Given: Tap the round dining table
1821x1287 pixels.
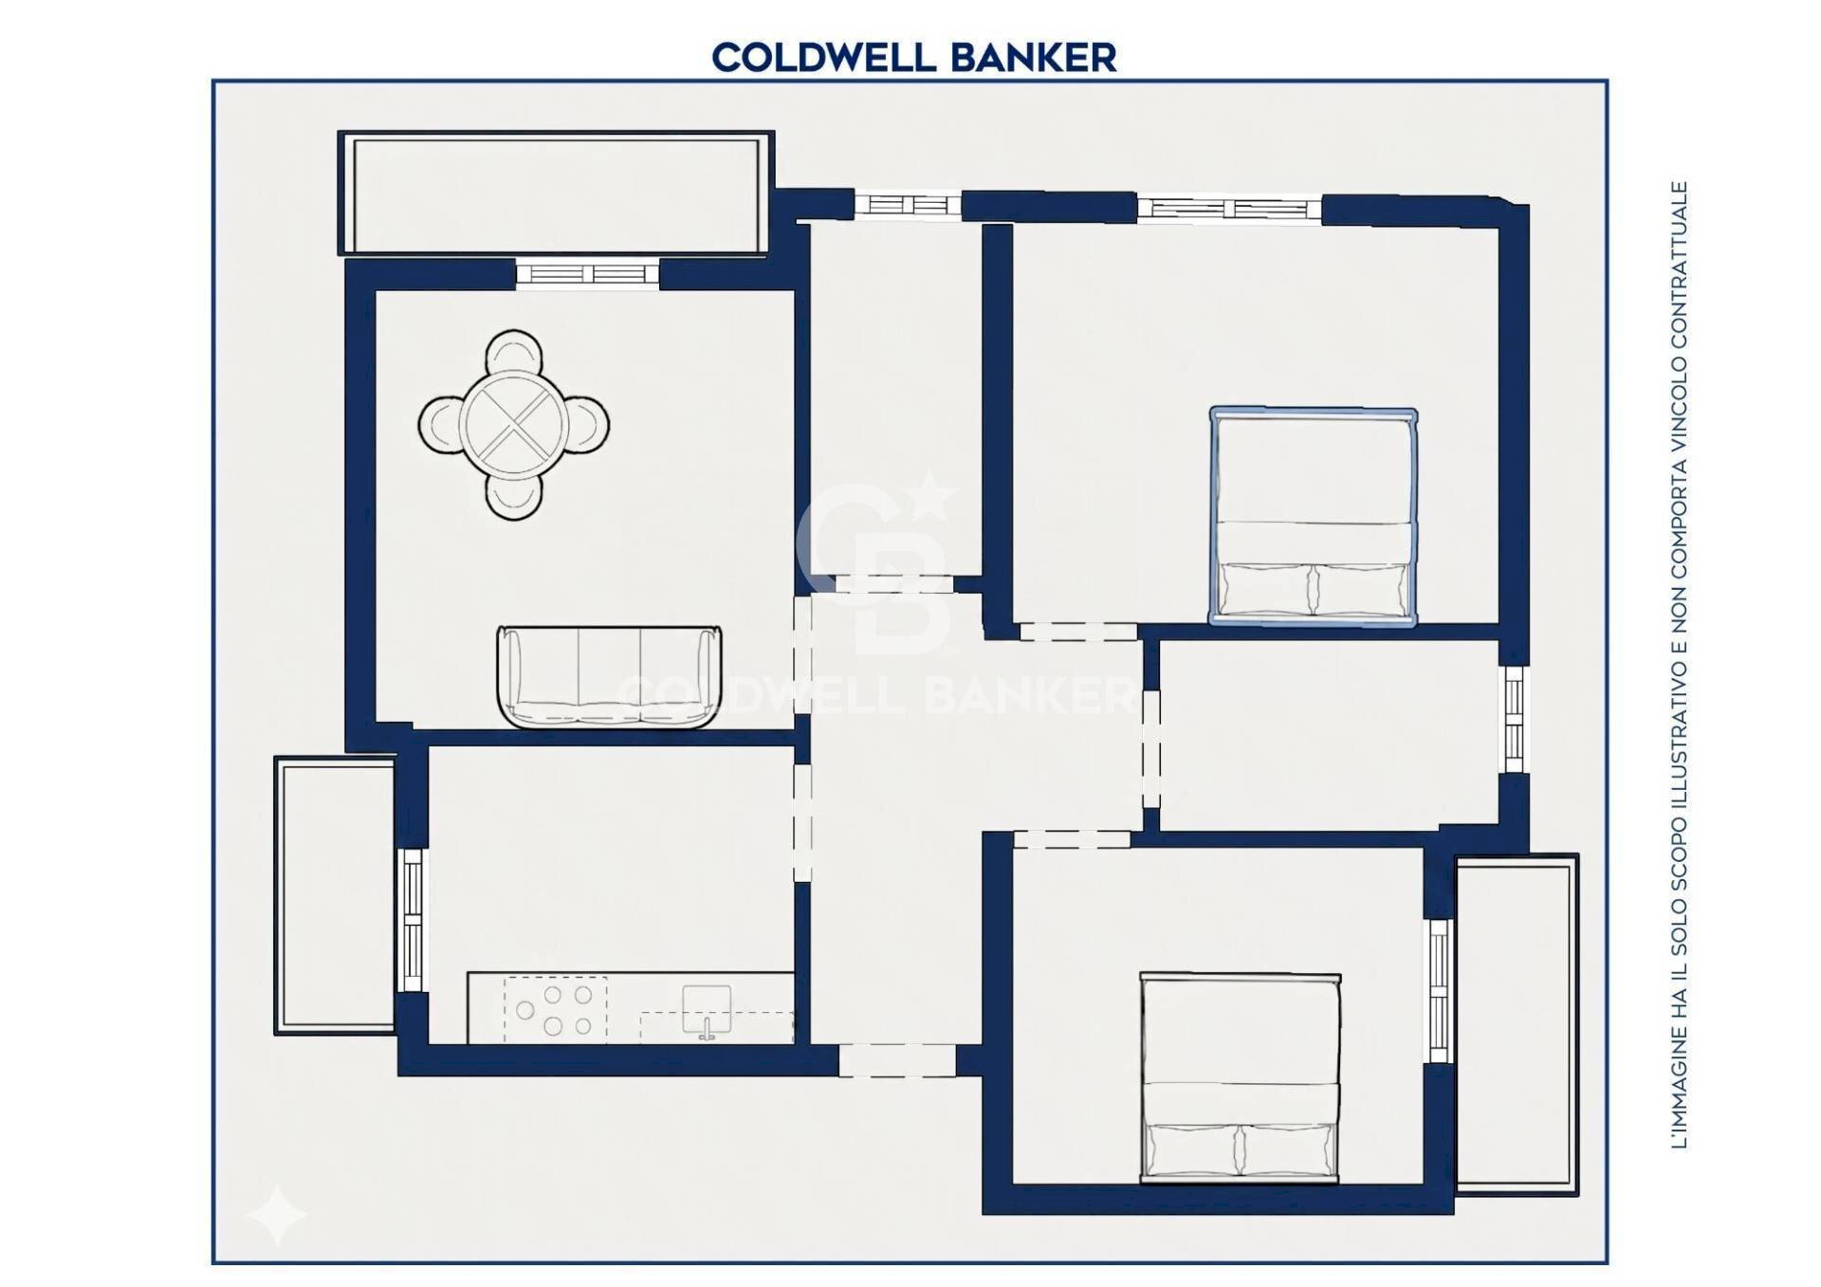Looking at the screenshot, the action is point(514,424).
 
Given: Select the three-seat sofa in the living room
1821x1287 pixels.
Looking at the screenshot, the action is point(609,676).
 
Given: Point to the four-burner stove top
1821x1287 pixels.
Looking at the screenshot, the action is point(555,1010).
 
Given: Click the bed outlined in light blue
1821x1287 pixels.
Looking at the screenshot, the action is point(1314,516).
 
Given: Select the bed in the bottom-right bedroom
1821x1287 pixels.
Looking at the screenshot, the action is point(1241,1077).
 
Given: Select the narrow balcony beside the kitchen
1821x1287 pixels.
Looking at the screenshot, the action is point(335,894).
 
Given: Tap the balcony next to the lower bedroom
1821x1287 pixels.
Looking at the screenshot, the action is point(1517,1024).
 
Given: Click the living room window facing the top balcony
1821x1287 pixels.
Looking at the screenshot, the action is point(588,275).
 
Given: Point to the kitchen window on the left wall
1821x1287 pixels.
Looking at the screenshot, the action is point(413,919).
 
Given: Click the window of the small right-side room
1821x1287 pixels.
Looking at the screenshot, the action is point(1514,720).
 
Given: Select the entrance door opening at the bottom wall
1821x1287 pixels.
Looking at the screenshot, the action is point(897,1060).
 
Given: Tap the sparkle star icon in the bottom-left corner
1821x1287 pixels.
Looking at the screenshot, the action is point(276,1215).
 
